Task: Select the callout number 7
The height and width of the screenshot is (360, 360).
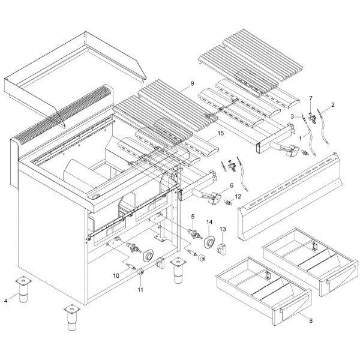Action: (310, 97)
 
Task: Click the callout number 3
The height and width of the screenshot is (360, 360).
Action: (292, 116)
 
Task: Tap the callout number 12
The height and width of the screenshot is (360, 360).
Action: (238, 196)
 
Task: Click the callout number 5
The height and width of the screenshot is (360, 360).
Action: (193, 216)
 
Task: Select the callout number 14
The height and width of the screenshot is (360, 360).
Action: (209, 223)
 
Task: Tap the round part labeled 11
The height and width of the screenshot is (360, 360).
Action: (141, 272)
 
